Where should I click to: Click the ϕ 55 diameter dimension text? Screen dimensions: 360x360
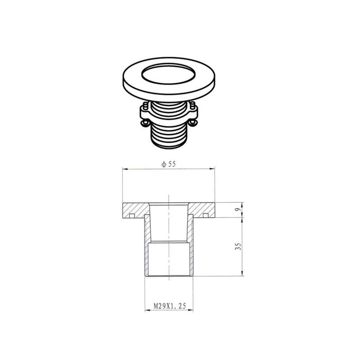coord(168,165)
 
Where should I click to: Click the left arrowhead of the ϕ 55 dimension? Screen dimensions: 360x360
coord(125,169)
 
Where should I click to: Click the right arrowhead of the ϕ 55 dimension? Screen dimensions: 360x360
coord(211,169)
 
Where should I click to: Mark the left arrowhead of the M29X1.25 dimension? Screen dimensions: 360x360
coord(146,310)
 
